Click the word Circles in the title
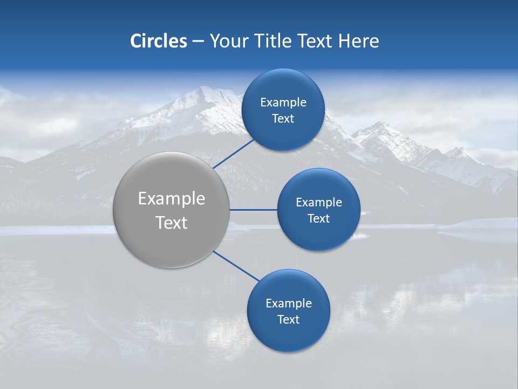(x=158, y=41)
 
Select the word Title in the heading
(x=275, y=41)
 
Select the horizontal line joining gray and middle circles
(x=253, y=210)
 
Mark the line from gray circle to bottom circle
(x=236, y=266)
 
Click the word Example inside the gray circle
(x=172, y=199)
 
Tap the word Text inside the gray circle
(x=172, y=223)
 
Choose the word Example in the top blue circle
(x=283, y=103)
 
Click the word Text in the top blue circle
(x=283, y=119)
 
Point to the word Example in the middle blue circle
(x=318, y=203)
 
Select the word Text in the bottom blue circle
(x=288, y=320)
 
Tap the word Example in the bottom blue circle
(x=288, y=304)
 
